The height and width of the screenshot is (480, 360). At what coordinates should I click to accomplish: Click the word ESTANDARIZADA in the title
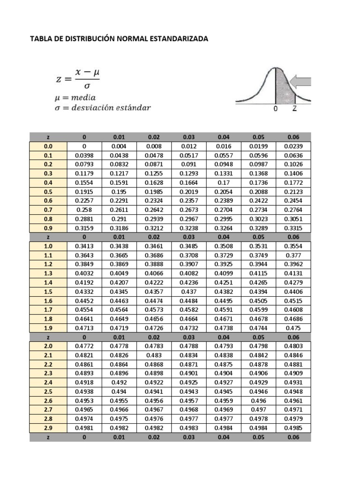[178, 39]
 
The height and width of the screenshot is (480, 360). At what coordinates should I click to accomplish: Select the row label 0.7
[48, 210]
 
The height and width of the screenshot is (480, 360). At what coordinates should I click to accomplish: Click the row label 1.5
[48, 292]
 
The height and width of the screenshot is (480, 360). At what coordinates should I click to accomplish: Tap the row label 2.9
[48, 428]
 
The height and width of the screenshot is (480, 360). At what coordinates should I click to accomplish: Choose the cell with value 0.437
[188, 292]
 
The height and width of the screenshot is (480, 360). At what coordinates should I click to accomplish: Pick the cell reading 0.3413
[84, 246]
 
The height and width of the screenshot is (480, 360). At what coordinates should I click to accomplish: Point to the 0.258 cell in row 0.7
[84, 210]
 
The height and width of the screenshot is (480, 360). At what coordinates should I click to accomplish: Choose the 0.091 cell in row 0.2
[188, 165]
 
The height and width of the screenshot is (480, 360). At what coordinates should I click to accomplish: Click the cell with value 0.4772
[84, 346]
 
